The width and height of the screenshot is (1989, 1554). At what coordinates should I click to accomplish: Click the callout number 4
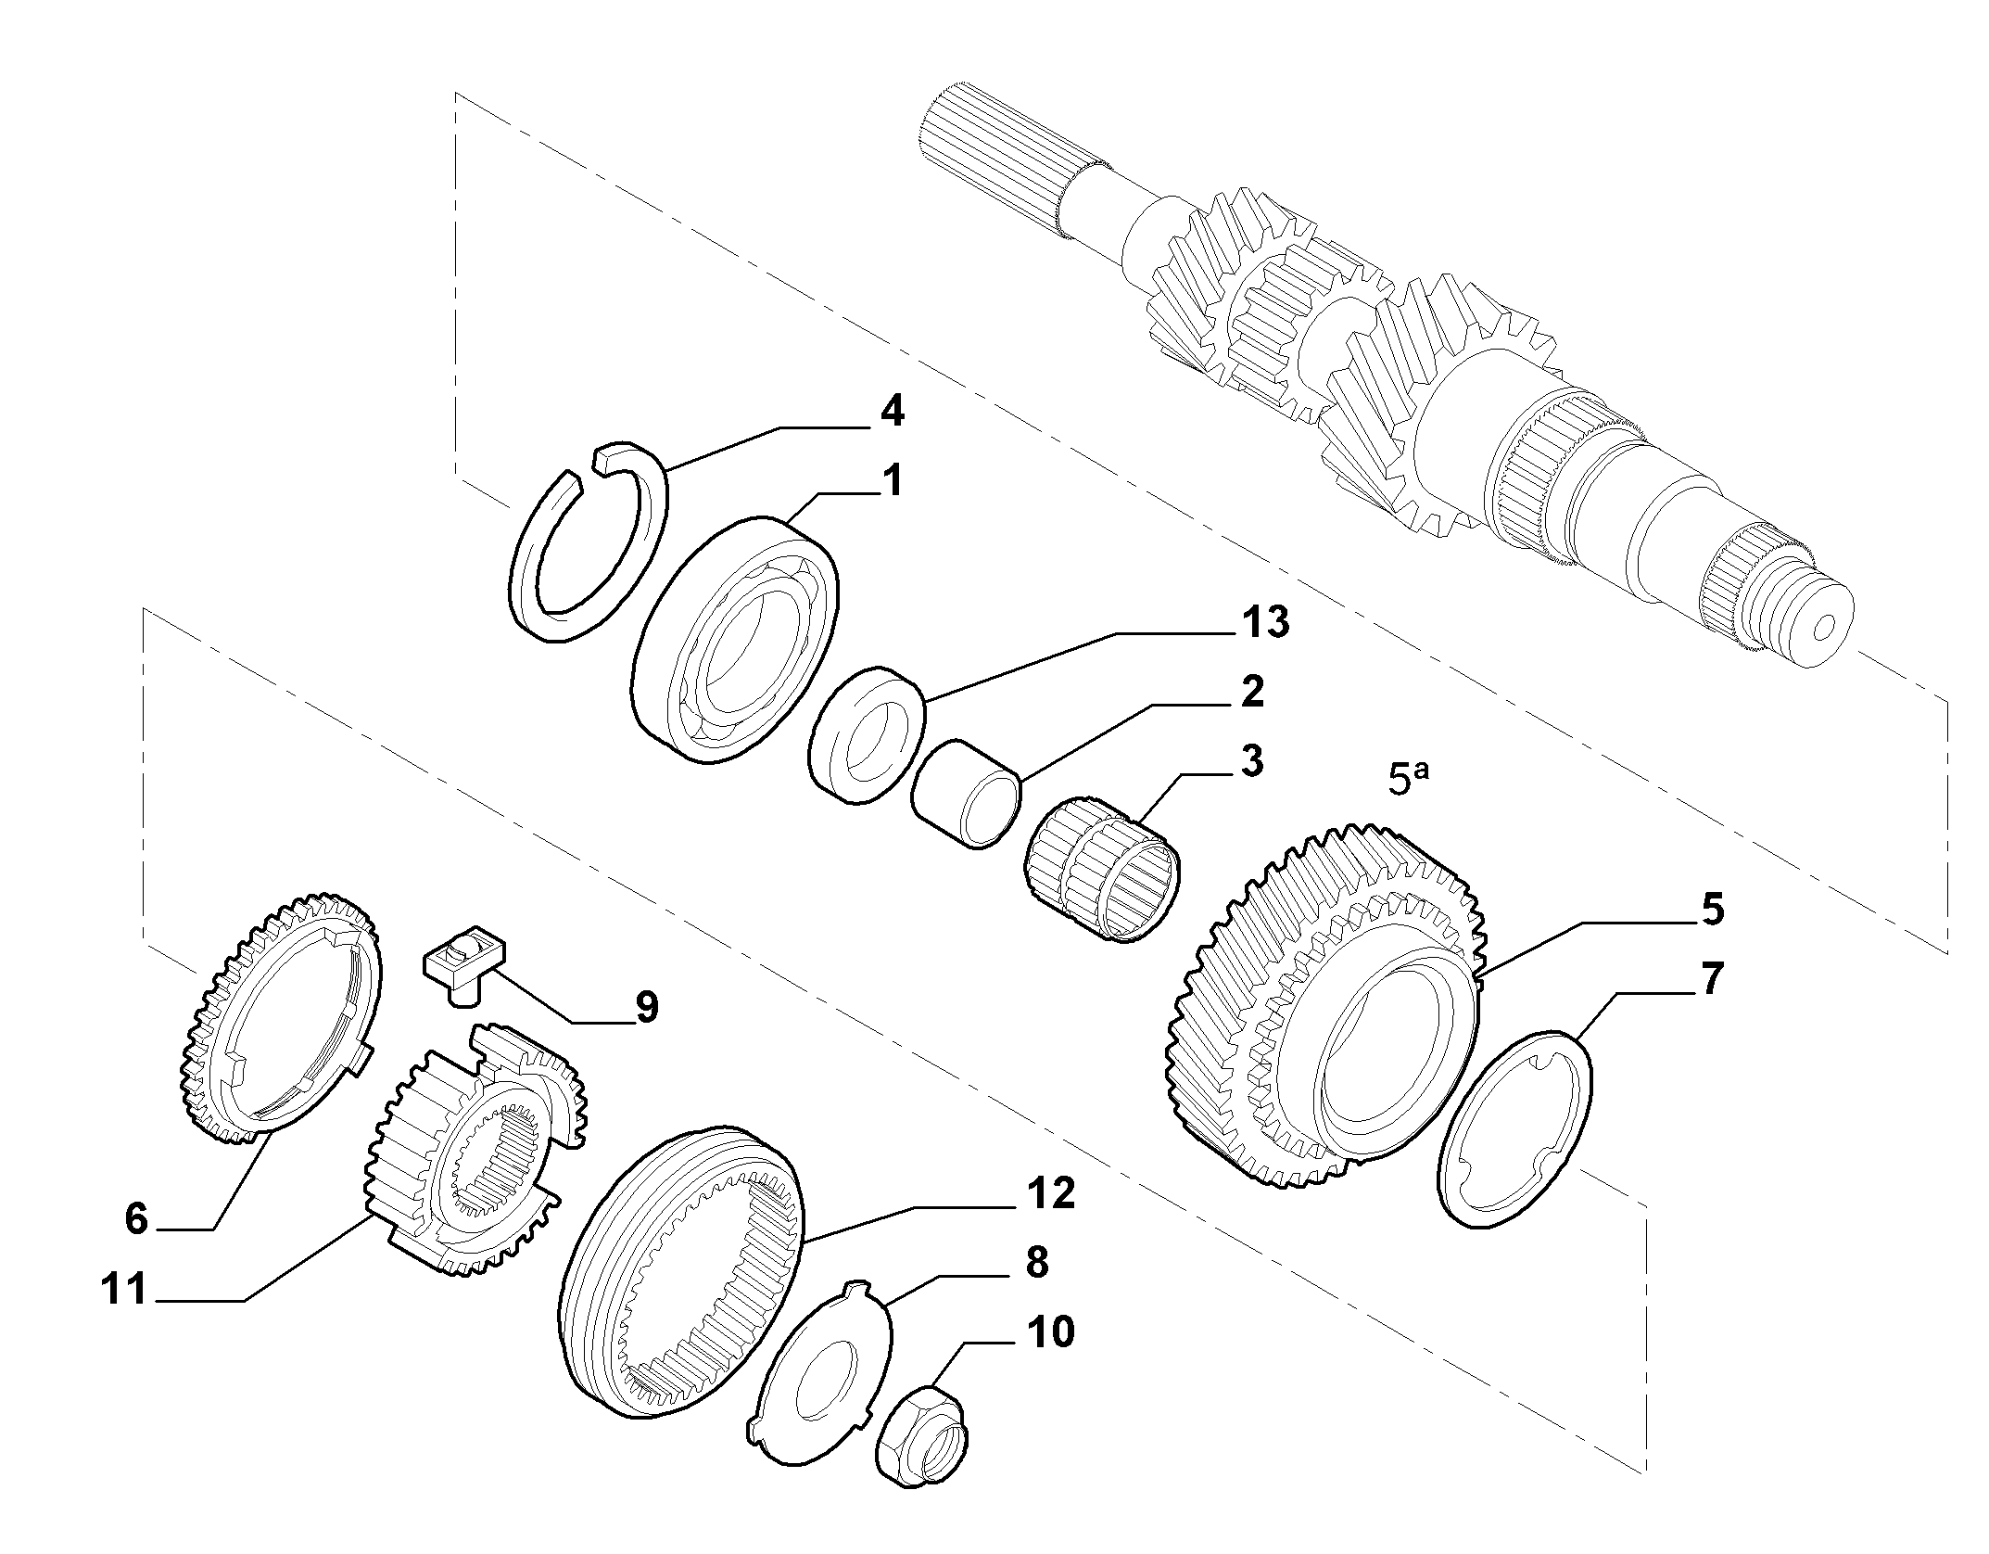pyautogui.click(x=892, y=411)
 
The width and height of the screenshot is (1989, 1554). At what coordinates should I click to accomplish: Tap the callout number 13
pyautogui.click(x=1266, y=622)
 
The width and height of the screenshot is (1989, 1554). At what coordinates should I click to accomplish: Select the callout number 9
pyautogui.click(x=646, y=1006)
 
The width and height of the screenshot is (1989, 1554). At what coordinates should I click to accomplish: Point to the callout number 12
pyautogui.click(x=1051, y=1193)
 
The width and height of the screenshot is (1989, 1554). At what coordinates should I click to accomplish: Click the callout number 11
pyautogui.click(x=125, y=1289)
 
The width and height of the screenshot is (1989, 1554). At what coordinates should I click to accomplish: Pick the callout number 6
pyautogui.click(x=136, y=1219)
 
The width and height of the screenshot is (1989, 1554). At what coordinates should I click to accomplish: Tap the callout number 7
pyautogui.click(x=1711, y=979)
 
